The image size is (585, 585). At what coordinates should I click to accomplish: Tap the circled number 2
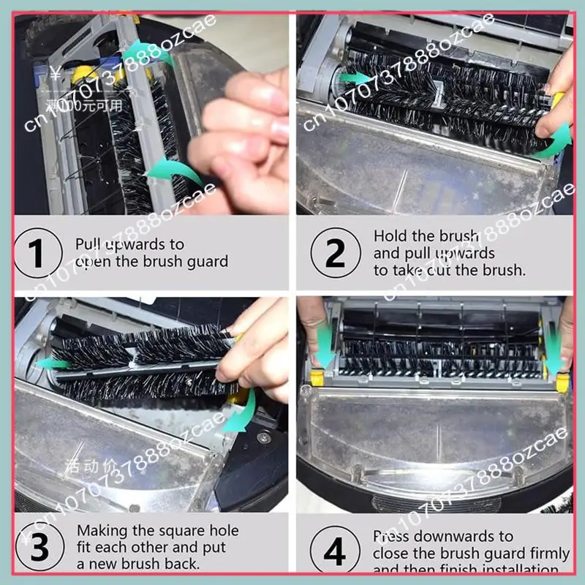coord(335,253)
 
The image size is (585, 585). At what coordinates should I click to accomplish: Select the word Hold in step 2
coord(389,236)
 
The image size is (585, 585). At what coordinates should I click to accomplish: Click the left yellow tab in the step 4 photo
coord(317,377)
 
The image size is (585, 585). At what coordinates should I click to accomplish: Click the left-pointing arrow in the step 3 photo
coord(53,363)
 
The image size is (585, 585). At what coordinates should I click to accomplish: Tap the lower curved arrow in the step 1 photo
coord(174,174)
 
